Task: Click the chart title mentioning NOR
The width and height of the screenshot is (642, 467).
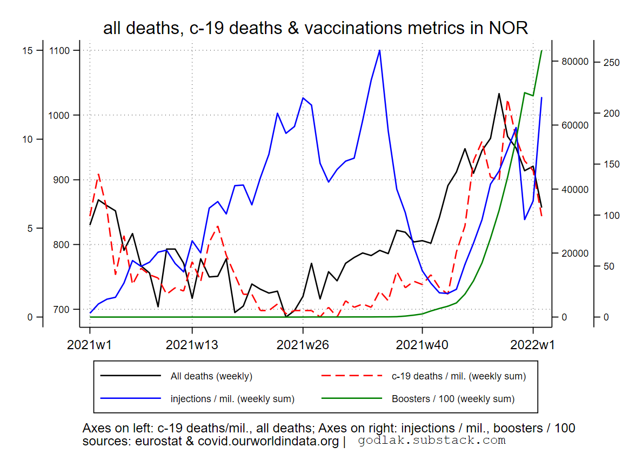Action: [315, 28]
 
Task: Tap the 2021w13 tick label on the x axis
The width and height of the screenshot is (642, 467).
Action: [191, 345]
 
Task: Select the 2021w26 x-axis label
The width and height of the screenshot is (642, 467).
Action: [303, 345]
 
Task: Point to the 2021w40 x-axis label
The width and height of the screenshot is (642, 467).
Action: [422, 345]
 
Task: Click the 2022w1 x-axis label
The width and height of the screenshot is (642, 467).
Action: [533, 345]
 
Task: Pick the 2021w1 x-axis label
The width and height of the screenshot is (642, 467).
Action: [90, 345]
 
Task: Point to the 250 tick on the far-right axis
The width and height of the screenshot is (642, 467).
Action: [612, 62]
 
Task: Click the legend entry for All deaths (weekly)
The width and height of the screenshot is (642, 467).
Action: [211, 376]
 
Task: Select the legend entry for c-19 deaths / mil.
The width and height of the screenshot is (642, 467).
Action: [458, 376]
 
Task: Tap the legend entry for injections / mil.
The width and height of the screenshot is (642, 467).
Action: [232, 399]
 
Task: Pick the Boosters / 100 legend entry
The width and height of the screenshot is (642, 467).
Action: [453, 399]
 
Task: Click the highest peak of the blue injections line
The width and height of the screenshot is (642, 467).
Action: [380, 50]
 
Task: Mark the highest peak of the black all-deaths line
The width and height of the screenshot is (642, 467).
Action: [499, 94]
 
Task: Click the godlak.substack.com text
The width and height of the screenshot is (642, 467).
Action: [431, 440]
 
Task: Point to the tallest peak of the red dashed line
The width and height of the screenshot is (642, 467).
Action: [507, 100]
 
